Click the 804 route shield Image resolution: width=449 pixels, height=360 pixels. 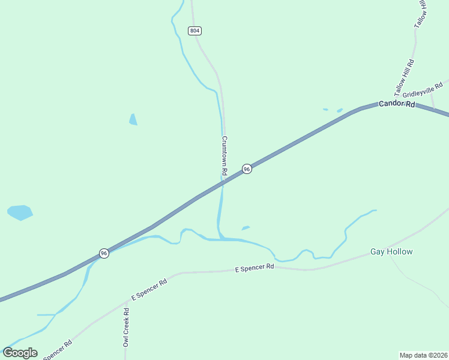click(194, 31)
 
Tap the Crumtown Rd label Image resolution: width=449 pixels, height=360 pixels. click(224, 155)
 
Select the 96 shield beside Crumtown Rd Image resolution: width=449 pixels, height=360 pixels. click(247, 170)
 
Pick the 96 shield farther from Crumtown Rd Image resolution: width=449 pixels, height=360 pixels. click(104, 253)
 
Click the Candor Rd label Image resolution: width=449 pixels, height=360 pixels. click(397, 104)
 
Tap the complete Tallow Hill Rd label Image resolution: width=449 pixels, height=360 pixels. click(405, 78)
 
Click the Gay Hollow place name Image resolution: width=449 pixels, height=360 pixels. click(391, 251)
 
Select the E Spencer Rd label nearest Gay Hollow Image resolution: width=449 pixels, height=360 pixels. click(254, 268)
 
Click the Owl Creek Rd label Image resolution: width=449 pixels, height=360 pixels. click(126, 328)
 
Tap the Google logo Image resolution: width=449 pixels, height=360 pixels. click(20, 352)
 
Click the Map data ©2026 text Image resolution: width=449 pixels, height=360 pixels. click(423, 355)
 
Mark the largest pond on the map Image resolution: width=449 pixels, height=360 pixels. click(20, 212)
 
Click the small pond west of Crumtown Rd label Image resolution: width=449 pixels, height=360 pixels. click(133, 119)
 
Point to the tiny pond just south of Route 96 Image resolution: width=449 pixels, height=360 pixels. click(245, 228)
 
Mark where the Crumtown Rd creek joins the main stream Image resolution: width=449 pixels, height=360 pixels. click(221, 239)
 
